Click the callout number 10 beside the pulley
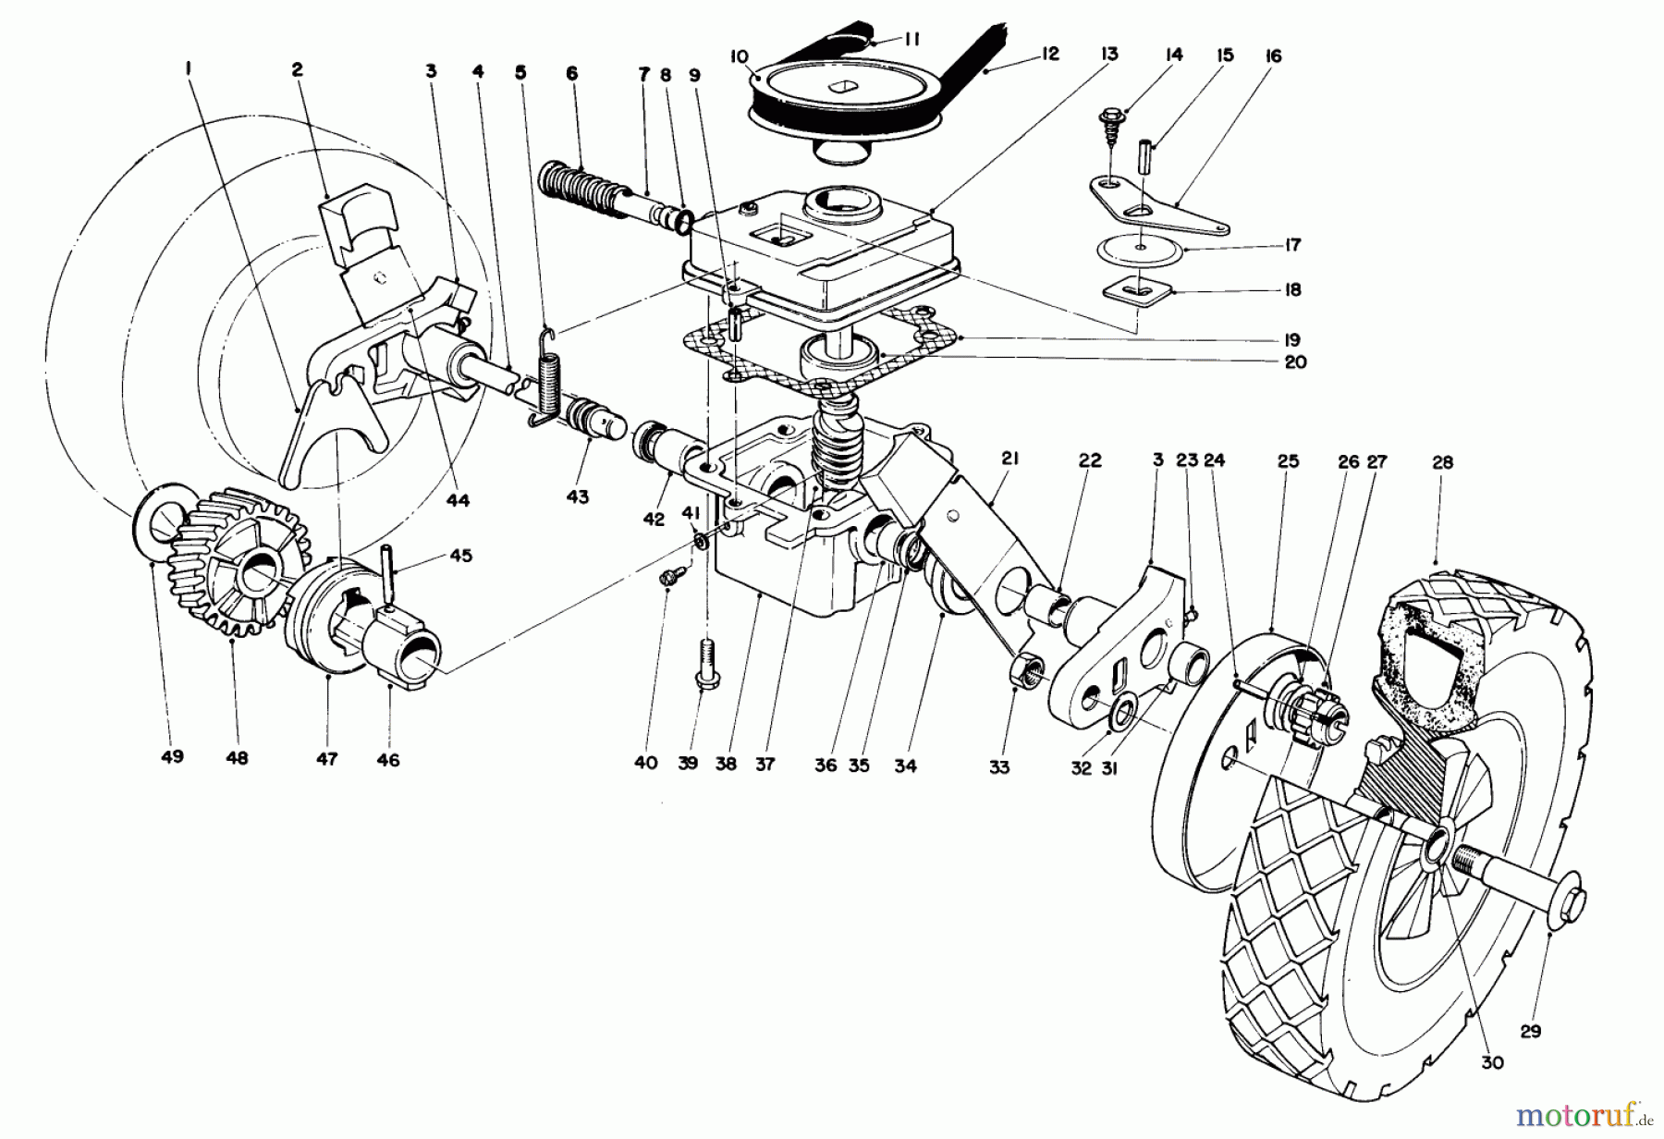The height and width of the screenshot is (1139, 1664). click(x=739, y=57)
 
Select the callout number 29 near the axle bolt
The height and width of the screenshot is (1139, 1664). click(x=1531, y=1031)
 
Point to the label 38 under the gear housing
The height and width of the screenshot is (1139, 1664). click(x=726, y=765)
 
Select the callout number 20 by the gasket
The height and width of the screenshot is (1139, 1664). click(x=1295, y=362)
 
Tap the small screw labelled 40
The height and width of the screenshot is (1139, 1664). click(x=667, y=577)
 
